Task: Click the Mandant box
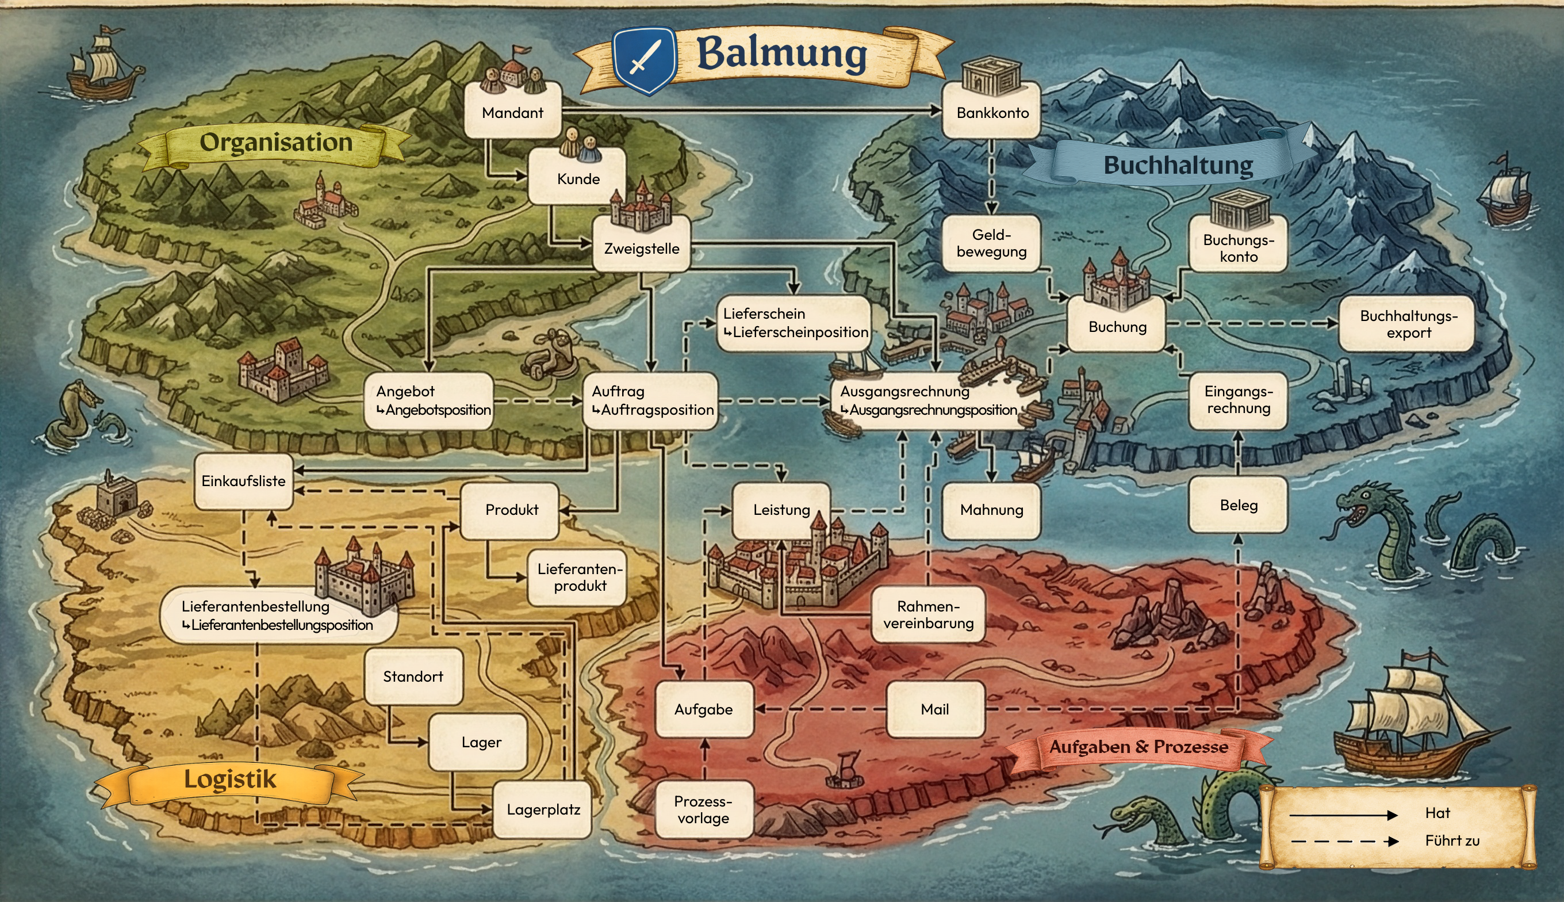coord(513,112)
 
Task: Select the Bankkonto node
coord(992,112)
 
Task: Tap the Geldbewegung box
coord(991,243)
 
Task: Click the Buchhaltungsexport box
coord(1408,324)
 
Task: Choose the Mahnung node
coord(991,510)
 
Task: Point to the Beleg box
coord(1239,505)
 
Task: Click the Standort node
coord(413,676)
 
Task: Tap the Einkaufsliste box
coord(243,481)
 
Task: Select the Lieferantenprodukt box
coord(580,577)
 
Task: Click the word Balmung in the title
coord(781,53)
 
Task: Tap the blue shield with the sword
coord(645,60)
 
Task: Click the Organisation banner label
coord(275,143)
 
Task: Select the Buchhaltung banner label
coord(1178,165)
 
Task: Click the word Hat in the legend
coord(1437,813)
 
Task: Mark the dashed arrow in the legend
coord(1344,841)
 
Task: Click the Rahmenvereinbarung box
coord(928,614)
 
